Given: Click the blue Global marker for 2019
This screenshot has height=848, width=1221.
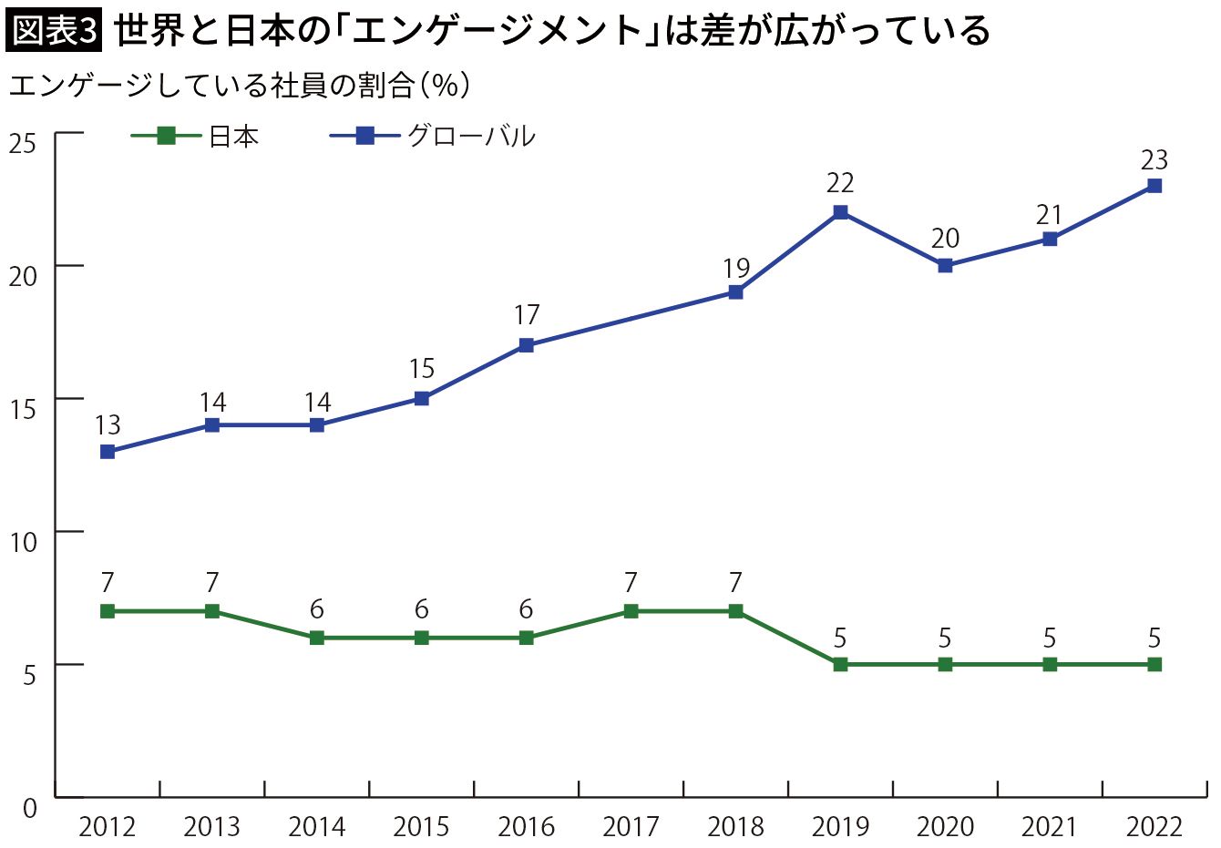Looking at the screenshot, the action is (x=840, y=212).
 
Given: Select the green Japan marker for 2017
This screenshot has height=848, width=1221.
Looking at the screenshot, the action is (x=631, y=611).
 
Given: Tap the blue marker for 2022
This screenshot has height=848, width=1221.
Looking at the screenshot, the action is (x=1154, y=186).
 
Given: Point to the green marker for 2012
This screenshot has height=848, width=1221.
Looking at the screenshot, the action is (x=108, y=611).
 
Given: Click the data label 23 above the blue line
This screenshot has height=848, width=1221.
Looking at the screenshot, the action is (x=1154, y=160).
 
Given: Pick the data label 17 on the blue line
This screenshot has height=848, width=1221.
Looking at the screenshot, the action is (x=527, y=315).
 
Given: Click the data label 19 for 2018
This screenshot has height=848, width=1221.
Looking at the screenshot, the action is (x=736, y=268).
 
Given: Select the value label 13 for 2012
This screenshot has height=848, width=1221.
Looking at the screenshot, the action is (x=108, y=425).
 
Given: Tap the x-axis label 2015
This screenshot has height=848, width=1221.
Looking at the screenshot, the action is (x=421, y=827).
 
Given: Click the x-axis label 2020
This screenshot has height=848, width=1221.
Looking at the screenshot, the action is (x=945, y=827).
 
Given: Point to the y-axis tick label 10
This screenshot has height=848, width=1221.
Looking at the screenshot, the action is (x=23, y=542).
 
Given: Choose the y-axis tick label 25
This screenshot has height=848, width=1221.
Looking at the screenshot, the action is (x=22, y=143).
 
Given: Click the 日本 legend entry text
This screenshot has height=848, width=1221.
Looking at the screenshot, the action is (x=233, y=137).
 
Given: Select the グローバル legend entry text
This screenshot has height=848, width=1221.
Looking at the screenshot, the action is (x=472, y=137).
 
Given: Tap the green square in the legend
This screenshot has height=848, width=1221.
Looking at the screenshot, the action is (x=166, y=136).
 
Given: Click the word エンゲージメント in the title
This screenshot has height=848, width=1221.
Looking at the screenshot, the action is (x=498, y=31).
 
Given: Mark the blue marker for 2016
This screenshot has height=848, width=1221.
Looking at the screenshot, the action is (x=526, y=345).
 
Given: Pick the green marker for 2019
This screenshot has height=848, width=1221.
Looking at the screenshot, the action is (x=840, y=664).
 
